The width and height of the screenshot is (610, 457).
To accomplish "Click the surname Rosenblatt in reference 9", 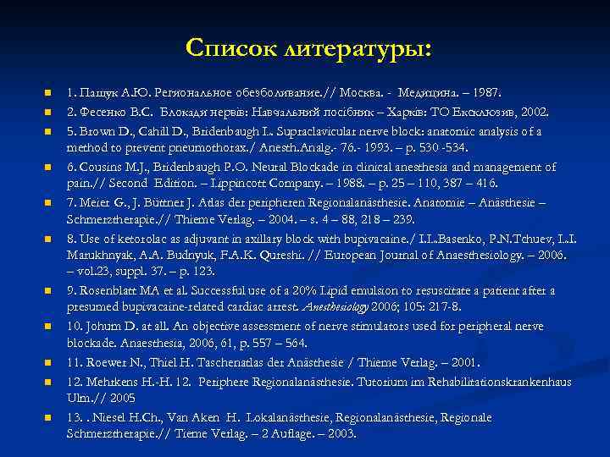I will [114, 290].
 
